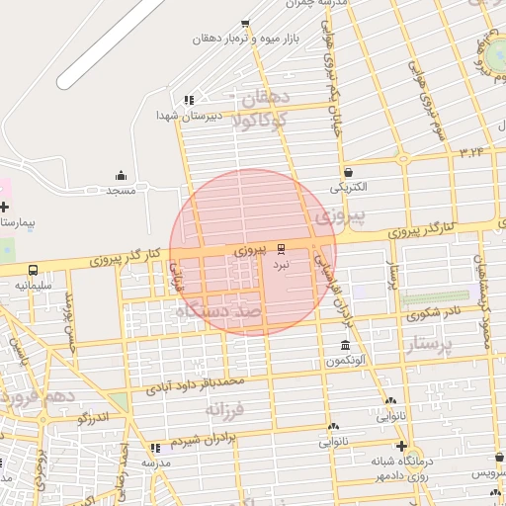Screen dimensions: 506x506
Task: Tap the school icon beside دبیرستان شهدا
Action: [x=189, y=100]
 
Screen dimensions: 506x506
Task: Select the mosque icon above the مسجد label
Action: [x=122, y=175]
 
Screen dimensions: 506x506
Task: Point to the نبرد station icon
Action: [x=282, y=247]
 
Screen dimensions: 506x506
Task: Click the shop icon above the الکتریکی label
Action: [x=348, y=171]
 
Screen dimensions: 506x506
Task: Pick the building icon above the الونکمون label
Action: [x=344, y=345]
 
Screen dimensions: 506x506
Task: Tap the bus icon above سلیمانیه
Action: [x=34, y=270]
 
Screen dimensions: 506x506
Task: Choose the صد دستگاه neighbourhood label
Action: [x=217, y=311]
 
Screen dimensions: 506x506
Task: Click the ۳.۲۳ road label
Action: [x=473, y=151]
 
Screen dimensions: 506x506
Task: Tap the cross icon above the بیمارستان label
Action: [x=5, y=208]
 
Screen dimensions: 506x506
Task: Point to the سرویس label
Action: [x=485, y=474]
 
